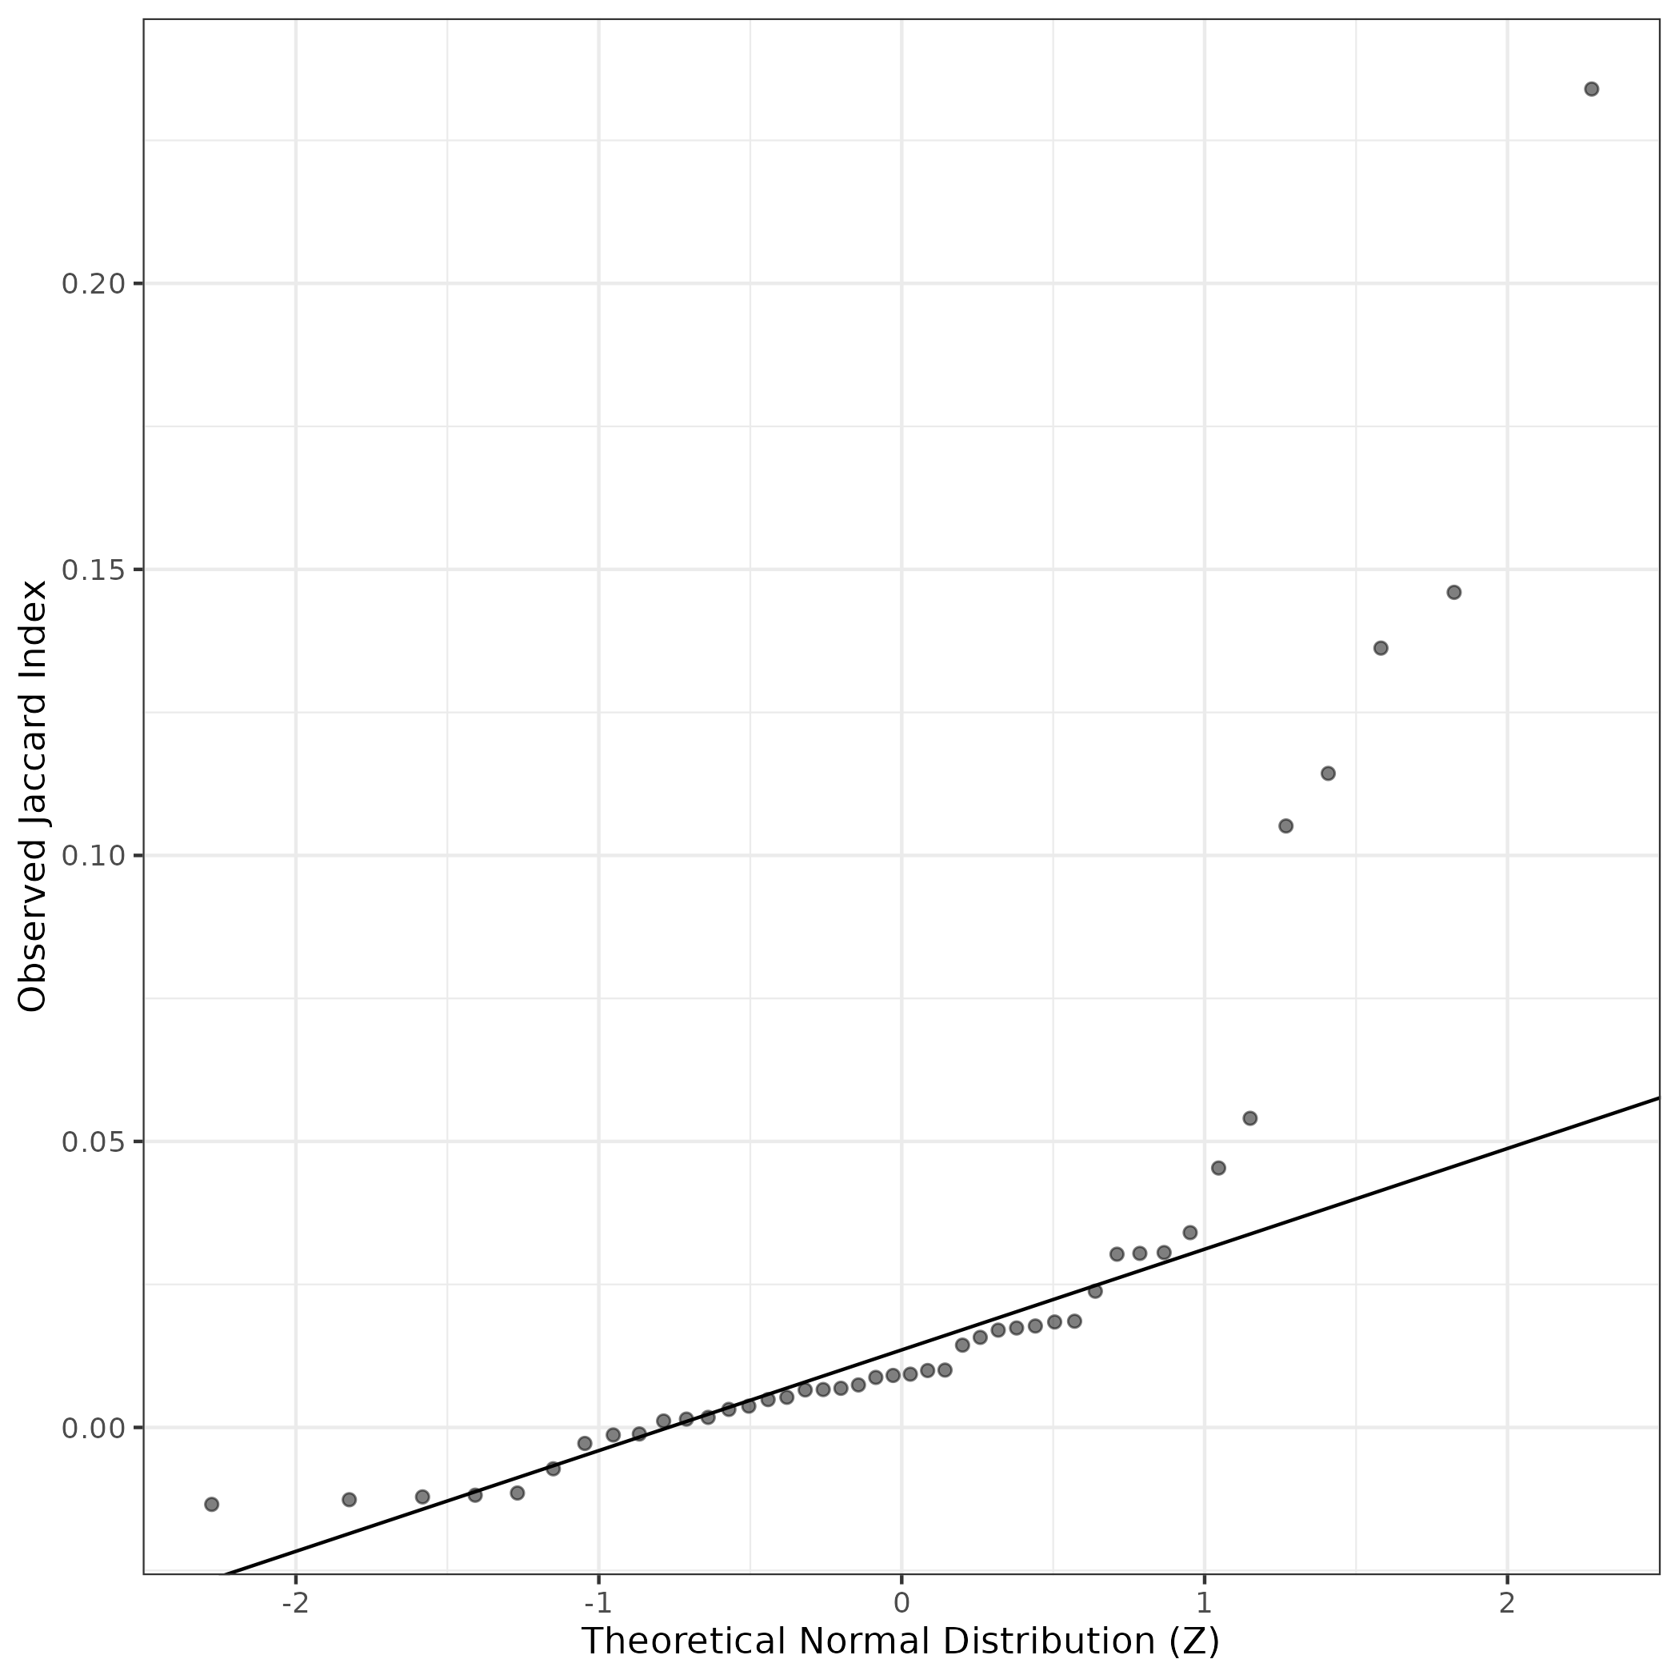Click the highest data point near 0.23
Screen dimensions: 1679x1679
click(x=1591, y=89)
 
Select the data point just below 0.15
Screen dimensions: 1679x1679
click(x=1454, y=593)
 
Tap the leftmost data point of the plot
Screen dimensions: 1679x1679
click(x=211, y=1505)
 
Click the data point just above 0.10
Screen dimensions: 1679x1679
click(x=1285, y=826)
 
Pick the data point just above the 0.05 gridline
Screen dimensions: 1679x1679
click(x=1249, y=1117)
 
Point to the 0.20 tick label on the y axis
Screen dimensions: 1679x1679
click(x=90, y=284)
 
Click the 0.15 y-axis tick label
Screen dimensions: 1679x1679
click(x=90, y=570)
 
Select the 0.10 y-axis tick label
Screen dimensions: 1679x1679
click(x=90, y=856)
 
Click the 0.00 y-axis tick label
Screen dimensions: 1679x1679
click(x=90, y=1428)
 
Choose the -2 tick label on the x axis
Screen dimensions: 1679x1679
click(x=295, y=1602)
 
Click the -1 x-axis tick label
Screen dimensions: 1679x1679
click(x=598, y=1602)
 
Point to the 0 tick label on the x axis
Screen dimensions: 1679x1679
click(x=901, y=1602)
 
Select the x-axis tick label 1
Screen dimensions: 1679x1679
click(x=1204, y=1602)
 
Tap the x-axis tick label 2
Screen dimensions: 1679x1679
click(x=1506, y=1602)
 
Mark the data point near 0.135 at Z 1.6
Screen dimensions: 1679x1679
click(x=1380, y=648)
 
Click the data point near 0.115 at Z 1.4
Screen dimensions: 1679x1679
click(x=1328, y=774)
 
